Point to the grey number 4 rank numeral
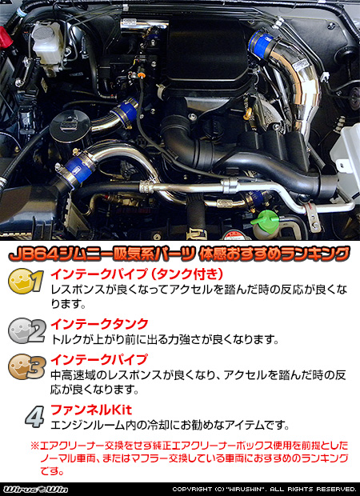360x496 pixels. (33, 417)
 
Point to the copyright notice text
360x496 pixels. (264, 489)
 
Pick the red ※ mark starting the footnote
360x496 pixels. (34, 446)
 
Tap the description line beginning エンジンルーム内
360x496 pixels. (168, 425)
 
